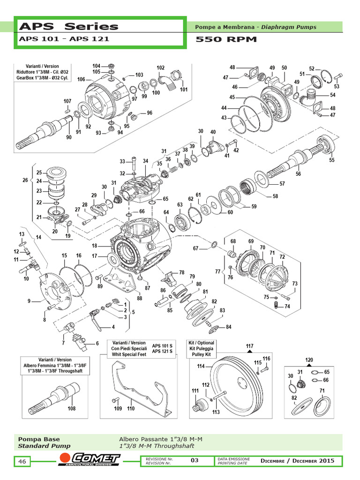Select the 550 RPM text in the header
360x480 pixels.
pyautogui.click(x=226, y=39)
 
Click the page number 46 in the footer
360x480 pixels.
pyautogui.click(x=22, y=462)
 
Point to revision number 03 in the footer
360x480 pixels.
pyautogui.click(x=195, y=460)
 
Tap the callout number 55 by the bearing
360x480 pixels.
pyautogui.click(x=332, y=160)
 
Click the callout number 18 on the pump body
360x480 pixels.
pyautogui.click(x=94, y=246)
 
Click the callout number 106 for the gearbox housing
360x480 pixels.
pyautogui.click(x=81, y=79)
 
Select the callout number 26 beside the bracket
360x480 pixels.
pyautogui.click(x=26, y=180)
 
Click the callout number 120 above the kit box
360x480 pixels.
pyautogui.click(x=309, y=360)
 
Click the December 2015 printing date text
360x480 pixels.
pyautogui.click(x=298, y=461)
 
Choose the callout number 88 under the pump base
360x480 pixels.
pyautogui.click(x=139, y=298)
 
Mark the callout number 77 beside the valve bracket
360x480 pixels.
pyautogui.click(x=217, y=271)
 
